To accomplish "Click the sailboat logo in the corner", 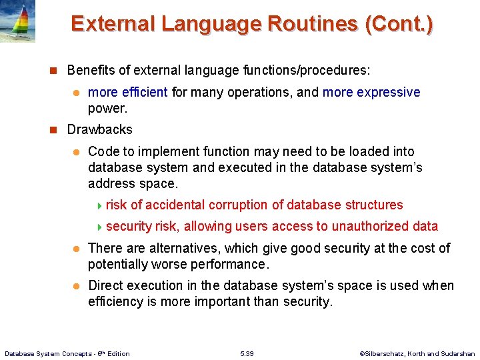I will (18, 21).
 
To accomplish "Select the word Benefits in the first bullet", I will (90, 70).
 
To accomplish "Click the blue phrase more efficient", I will (127, 92).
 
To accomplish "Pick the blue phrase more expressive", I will (371, 92).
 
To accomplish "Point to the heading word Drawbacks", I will (100, 129).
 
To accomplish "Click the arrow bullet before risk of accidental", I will (99, 205).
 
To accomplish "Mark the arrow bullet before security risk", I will (99, 227).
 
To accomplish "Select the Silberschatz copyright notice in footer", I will (417, 353).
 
